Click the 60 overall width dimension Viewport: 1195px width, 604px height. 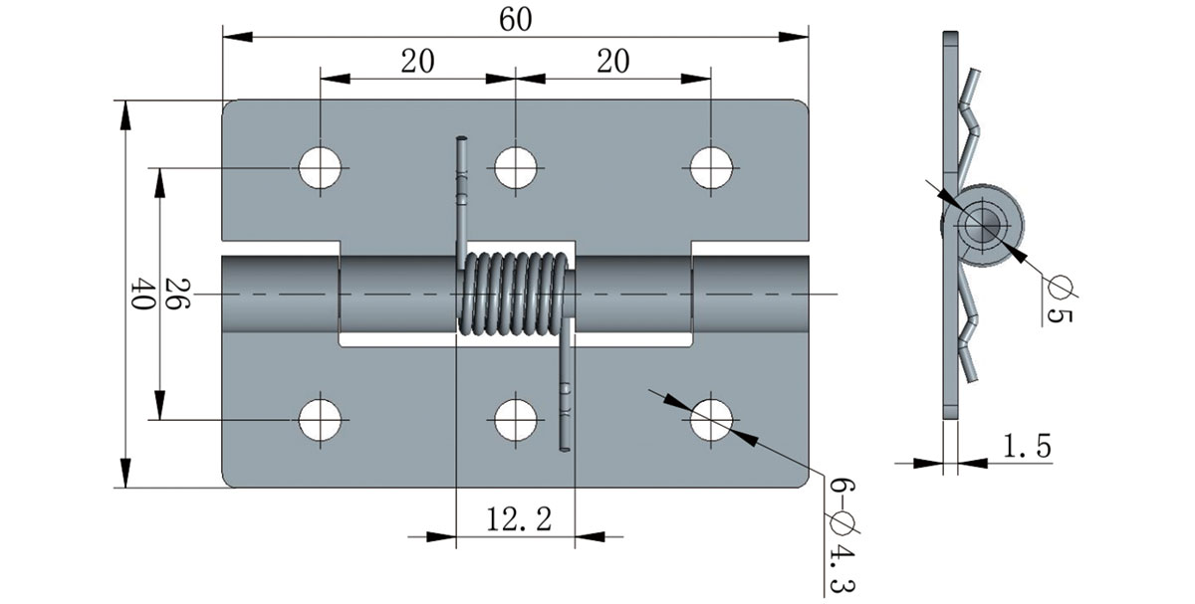515,20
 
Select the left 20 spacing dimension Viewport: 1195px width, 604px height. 417,62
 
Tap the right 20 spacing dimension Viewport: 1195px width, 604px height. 613,62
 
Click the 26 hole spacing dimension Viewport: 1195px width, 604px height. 176,295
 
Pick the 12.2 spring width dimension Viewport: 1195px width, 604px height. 517,519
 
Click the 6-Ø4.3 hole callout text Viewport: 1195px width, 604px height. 836,532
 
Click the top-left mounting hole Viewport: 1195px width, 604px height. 321,167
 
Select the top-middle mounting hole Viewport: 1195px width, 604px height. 515,167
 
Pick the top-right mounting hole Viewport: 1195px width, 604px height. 711,167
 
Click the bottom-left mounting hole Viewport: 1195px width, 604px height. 321,420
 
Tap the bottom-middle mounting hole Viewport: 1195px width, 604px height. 515,420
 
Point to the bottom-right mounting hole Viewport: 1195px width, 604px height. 711,420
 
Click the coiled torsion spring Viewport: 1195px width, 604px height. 515,294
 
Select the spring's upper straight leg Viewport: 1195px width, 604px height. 462,189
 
